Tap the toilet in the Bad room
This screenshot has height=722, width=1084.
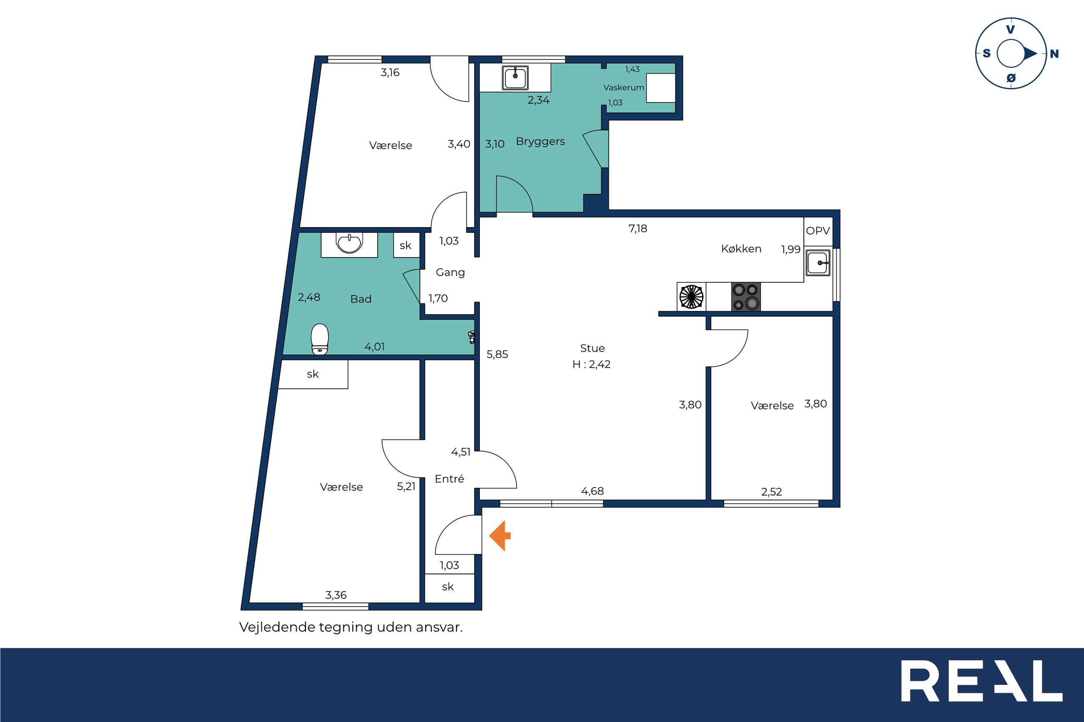click(320, 340)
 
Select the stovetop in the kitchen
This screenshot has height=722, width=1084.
click(746, 297)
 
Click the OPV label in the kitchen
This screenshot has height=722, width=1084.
click(818, 231)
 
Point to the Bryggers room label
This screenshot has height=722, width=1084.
click(540, 141)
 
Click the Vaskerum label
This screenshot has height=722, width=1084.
click(624, 87)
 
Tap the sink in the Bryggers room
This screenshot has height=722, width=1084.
click(515, 77)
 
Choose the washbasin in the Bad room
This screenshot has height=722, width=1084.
click(350, 244)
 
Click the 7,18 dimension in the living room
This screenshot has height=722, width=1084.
click(637, 228)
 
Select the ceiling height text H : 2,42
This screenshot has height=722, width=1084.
click(592, 364)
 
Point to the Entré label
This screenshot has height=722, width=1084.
click(449, 479)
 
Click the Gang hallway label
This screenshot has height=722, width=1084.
click(450, 272)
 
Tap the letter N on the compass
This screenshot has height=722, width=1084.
click(1054, 54)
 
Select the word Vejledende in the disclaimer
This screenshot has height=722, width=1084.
click(277, 627)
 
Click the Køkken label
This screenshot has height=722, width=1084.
click(741, 249)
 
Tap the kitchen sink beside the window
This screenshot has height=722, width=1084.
click(818, 263)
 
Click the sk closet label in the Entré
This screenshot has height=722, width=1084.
click(448, 587)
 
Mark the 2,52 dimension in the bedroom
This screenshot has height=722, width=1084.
click(771, 492)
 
